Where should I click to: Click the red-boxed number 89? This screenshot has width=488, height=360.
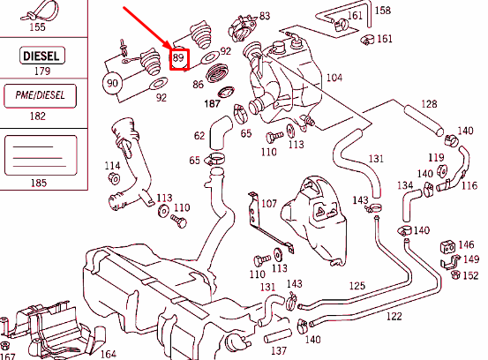coord(180,60)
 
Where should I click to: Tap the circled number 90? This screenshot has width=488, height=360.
coord(112,84)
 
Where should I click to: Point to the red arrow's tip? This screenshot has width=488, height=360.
coord(169,50)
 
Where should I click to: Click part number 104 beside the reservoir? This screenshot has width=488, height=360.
coord(334,78)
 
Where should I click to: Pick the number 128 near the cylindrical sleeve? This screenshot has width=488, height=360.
coord(428,104)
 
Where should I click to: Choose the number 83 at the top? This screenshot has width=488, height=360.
coord(264,17)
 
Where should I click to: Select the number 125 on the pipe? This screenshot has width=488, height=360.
coord(357,286)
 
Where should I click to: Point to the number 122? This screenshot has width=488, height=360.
coord(394,315)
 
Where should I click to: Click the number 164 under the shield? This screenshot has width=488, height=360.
coord(107,354)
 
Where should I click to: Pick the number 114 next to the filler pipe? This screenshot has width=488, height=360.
coord(112,166)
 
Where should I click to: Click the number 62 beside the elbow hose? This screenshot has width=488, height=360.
coord(199,136)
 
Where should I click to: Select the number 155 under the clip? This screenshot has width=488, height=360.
coord(37,27)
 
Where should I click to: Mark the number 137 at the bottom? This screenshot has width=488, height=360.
coord(279,350)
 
